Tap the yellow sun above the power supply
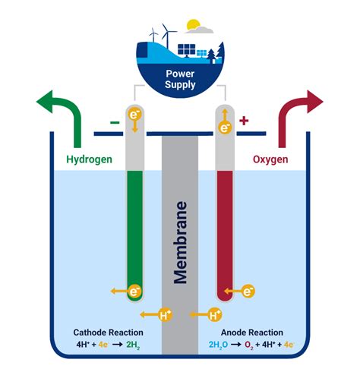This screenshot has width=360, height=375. (x=193, y=25)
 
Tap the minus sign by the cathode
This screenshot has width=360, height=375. (x=114, y=121)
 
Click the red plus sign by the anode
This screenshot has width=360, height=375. (x=244, y=121)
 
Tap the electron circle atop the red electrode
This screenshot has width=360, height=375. (x=226, y=127)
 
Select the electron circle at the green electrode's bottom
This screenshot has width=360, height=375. (x=134, y=291)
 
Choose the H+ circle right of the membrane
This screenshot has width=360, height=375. (x=216, y=314)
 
